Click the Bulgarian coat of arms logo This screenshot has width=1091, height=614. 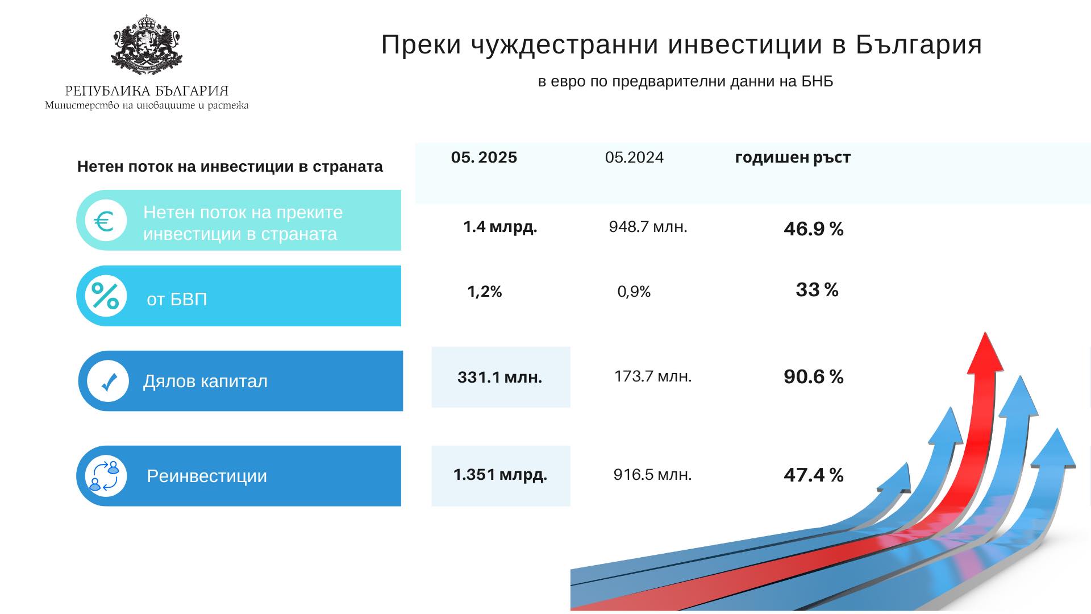pos(147,45)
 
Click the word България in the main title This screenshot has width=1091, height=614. pos(919,44)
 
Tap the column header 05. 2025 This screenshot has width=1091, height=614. pos(484,157)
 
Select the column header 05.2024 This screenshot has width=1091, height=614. pos(634,157)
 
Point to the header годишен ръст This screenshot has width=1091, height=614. pos(793,157)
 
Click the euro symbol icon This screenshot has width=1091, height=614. pos(106,221)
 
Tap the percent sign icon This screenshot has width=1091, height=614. pos(106,296)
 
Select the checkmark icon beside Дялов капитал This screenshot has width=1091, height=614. pos(108,381)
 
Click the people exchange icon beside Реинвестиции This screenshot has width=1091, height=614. pos(106,476)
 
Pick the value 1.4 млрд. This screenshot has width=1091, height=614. pos(500,227)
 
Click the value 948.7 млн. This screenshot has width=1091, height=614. pos(648,227)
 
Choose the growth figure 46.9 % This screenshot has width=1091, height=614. pos(813,229)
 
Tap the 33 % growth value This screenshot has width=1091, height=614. pos(817,290)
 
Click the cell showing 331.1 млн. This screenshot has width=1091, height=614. pos(500,377)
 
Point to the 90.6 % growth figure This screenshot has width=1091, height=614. pos(813,377)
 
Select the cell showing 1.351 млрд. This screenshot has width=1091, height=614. pos(500,475)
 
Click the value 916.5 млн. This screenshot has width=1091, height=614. pos(652,475)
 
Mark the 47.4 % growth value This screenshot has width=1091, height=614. pos(813,475)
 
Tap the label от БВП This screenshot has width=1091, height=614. pos(177,299)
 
